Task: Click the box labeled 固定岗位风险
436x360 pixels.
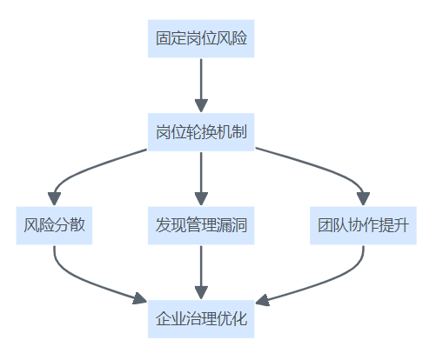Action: pos(201,38)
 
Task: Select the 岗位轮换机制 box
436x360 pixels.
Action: pos(201,132)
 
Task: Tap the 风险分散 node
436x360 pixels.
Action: pos(54,225)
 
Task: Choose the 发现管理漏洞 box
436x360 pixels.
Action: pos(201,225)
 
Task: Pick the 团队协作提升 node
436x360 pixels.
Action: pos(363,225)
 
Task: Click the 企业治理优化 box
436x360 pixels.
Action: pos(201,319)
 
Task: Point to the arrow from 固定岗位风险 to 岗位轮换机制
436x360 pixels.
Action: pos(201,85)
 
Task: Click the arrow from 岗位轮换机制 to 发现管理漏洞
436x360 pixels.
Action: pos(201,179)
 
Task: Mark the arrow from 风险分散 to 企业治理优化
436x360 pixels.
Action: pos(87,283)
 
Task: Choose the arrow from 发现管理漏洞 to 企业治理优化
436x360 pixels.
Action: pos(201,272)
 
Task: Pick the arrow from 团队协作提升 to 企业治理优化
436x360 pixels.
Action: pos(322,281)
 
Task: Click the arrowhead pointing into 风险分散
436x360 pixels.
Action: pos(54,199)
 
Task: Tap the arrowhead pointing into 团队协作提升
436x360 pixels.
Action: pos(363,199)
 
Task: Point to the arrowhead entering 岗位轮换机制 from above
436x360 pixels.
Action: pos(201,106)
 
